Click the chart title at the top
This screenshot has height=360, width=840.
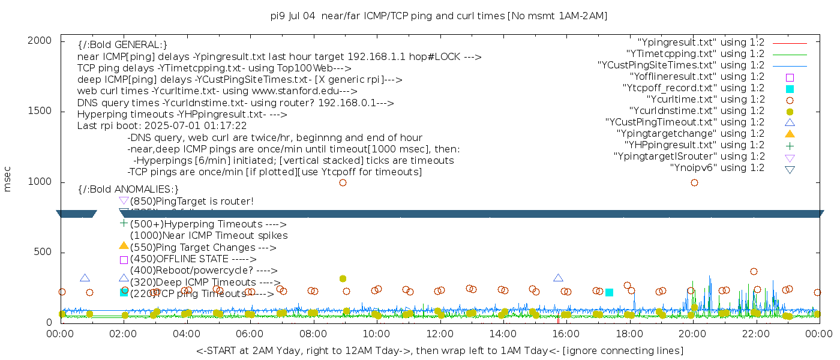point(439,16)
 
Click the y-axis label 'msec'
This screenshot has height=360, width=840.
point(8,179)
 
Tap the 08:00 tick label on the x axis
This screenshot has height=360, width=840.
point(313,334)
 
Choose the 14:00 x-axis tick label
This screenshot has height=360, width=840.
point(503,334)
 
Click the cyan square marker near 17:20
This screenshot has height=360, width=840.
point(609,292)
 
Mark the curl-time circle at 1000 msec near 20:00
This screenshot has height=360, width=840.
point(694,182)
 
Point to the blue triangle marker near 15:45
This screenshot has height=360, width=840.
point(558,278)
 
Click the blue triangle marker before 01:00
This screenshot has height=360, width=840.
point(85,278)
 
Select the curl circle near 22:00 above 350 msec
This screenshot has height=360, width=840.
point(754,271)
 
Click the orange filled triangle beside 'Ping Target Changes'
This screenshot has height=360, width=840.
point(124,245)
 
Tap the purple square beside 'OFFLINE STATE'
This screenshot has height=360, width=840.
point(124,260)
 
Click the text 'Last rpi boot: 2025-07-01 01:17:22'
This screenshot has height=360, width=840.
point(162,126)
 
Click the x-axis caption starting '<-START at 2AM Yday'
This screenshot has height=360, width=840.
point(439,350)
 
